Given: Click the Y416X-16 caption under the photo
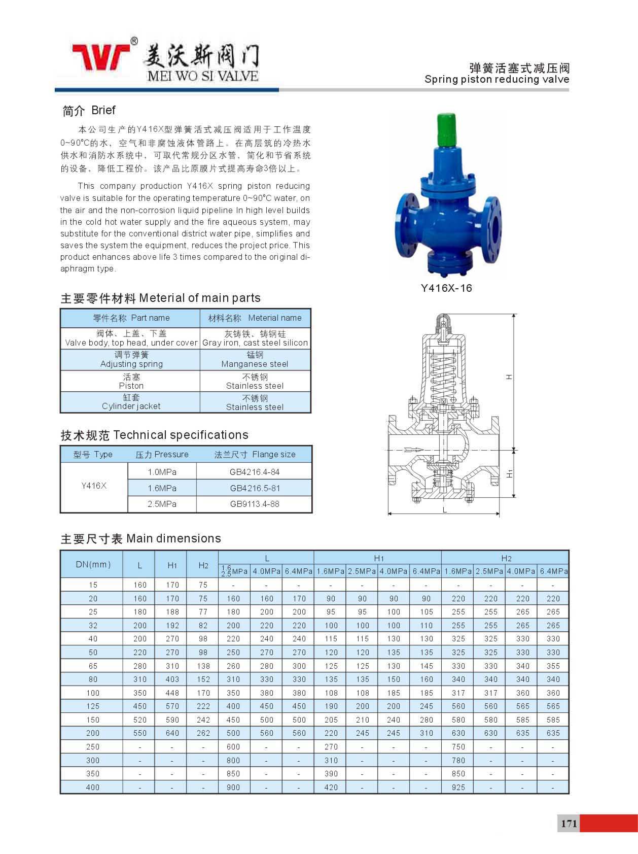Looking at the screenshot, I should pyautogui.click(x=446, y=288).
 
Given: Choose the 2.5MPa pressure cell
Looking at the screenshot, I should pyautogui.click(x=162, y=504).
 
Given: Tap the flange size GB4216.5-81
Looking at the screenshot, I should pyautogui.click(x=255, y=488).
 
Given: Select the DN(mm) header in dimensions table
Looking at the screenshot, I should pyautogui.click(x=93, y=564).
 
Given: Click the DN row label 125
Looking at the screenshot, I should pyautogui.click(x=93, y=706).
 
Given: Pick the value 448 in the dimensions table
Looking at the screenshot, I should pyautogui.click(x=172, y=693).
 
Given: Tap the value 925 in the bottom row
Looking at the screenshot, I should pyautogui.click(x=458, y=788).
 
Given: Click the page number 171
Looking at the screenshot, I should pyautogui.click(x=569, y=824).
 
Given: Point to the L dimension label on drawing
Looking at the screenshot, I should pyautogui.click(x=444, y=510).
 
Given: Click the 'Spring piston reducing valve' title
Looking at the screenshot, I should pyautogui.click(x=497, y=80).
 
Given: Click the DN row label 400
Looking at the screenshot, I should pyautogui.click(x=93, y=788).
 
